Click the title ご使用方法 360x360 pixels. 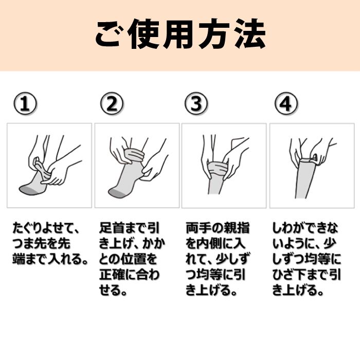[x=181, y=34]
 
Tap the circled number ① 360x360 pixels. [x=25, y=104]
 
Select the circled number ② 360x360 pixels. [x=112, y=104]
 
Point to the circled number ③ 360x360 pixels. [x=196, y=104]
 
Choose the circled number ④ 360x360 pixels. [x=286, y=104]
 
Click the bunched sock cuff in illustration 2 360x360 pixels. [x=134, y=155]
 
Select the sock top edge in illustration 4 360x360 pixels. [x=307, y=160]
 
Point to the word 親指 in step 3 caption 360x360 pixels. [x=237, y=228]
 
